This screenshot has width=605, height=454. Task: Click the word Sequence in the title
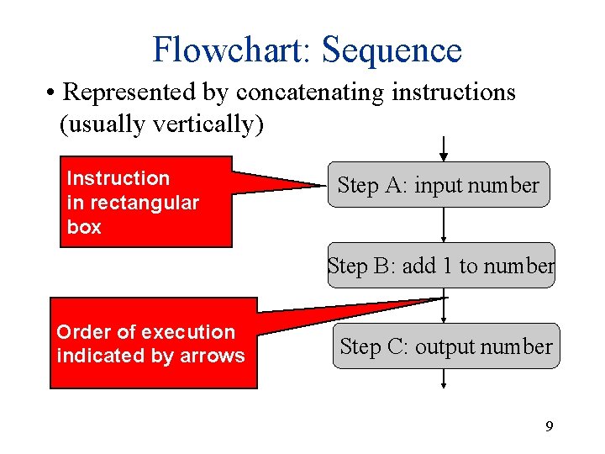tap(392, 50)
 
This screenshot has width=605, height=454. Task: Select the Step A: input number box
tap(438, 185)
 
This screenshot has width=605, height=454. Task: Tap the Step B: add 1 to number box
tap(441, 266)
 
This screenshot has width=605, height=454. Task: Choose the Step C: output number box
tap(445, 346)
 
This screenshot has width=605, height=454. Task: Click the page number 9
tap(549, 427)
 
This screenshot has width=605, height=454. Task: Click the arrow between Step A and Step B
tap(444, 224)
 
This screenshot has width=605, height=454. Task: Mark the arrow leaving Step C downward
tap(444, 379)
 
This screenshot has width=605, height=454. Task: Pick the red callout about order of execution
tap(153, 343)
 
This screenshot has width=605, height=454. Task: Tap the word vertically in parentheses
tap(208, 124)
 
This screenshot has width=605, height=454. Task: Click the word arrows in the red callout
tap(213, 356)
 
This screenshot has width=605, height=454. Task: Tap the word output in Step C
tap(445, 346)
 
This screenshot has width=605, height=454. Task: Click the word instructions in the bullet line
tap(453, 92)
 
